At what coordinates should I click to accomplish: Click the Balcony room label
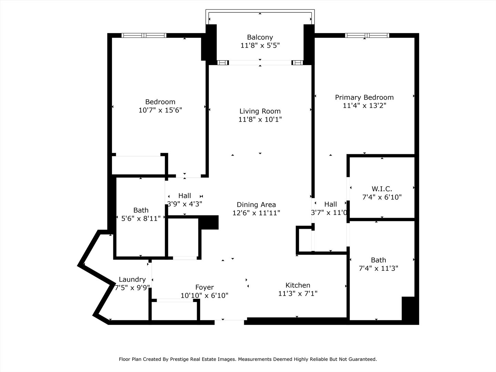click(260, 37)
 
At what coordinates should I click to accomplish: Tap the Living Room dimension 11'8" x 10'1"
click(260, 120)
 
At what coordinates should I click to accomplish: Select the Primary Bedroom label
click(364, 97)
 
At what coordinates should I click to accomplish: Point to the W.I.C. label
click(382, 189)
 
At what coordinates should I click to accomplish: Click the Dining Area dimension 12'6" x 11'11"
click(256, 213)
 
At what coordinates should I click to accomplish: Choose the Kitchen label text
click(298, 285)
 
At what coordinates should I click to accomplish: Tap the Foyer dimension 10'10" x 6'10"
click(204, 296)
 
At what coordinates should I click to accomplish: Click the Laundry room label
click(132, 279)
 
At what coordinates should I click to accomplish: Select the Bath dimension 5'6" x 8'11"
click(141, 218)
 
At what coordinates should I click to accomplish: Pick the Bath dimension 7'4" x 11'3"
click(378, 268)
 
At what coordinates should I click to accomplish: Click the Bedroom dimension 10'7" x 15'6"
click(160, 110)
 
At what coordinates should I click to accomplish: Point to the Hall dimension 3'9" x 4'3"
click(185, 204)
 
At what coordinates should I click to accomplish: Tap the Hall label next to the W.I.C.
click(330, 204)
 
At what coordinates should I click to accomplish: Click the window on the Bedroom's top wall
click(144, 35)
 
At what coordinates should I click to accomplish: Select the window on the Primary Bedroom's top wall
click(367, 35)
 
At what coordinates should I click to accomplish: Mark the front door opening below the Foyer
click(229, 322)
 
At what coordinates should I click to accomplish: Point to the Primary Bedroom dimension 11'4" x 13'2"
click(364, 106)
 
